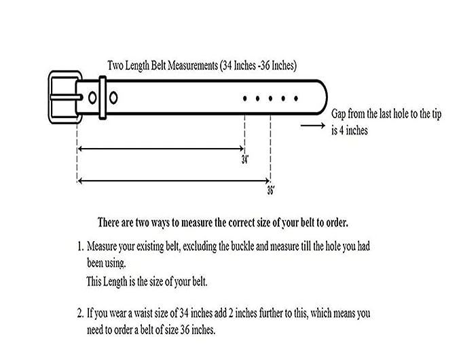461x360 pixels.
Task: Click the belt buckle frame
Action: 50,97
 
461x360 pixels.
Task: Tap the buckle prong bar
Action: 66,97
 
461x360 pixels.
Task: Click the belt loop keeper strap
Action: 103,97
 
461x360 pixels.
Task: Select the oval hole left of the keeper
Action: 92,98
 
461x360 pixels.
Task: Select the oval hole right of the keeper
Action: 113,98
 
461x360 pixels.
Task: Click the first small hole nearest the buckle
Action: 244,98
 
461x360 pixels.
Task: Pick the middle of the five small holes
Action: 270,98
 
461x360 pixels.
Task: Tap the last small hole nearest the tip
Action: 296,98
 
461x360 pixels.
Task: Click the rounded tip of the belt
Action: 326,97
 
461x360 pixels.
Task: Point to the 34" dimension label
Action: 245,160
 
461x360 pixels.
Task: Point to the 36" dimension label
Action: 271,190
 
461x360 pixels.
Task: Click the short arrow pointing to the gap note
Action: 313,126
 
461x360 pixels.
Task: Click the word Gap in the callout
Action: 339,114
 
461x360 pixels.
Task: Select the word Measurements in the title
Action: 193,65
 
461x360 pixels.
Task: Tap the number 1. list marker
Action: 81,246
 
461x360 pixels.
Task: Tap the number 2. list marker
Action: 81,313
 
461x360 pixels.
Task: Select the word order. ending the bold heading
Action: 337,223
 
